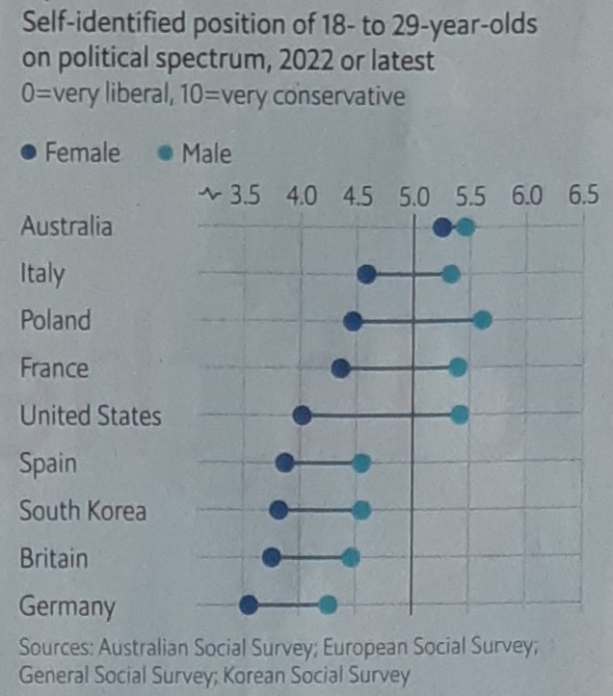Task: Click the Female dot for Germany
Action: point(249,604)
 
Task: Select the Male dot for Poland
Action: point(483,320)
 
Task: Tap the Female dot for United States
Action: point(302,415)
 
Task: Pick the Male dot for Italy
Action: point(450,275)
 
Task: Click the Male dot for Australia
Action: point(466,227)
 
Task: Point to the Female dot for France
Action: point(339,368)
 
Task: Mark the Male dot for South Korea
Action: point(360,510)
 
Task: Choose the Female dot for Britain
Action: point(272,556)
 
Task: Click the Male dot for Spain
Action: point(360,463)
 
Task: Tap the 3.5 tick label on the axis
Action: point(245,197)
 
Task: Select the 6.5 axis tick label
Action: point(583,197)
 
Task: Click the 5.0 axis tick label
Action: point(414,197)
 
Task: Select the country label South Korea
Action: point(83,510)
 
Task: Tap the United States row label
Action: point(91,415)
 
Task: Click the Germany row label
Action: point(67,606)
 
